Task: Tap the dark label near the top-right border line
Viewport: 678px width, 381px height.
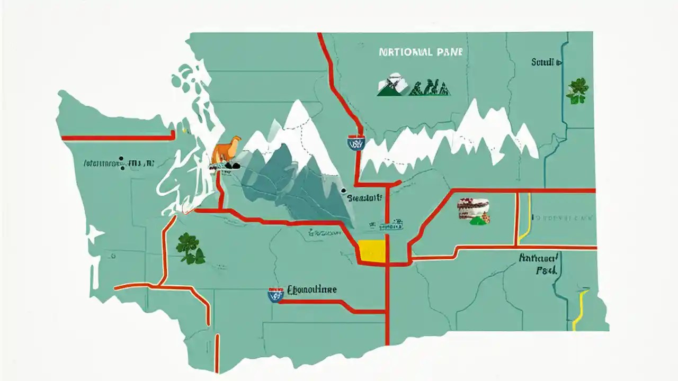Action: [546, 62]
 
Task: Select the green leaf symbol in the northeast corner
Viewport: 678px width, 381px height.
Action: [577, 90]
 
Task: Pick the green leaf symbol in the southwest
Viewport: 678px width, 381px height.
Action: [190, 248]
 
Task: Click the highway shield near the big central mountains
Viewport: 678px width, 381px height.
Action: [356, 143]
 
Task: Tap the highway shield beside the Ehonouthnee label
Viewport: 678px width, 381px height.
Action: [275, 295]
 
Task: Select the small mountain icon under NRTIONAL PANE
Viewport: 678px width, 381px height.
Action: [392, 85]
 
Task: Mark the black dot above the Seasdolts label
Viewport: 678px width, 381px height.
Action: [344, 190]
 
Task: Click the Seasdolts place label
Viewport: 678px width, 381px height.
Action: [364, 199]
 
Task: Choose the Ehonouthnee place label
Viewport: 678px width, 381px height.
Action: [311, 290]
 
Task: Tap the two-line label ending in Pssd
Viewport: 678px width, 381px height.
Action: [539, 264]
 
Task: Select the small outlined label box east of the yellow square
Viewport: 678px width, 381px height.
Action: [390, 226]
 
